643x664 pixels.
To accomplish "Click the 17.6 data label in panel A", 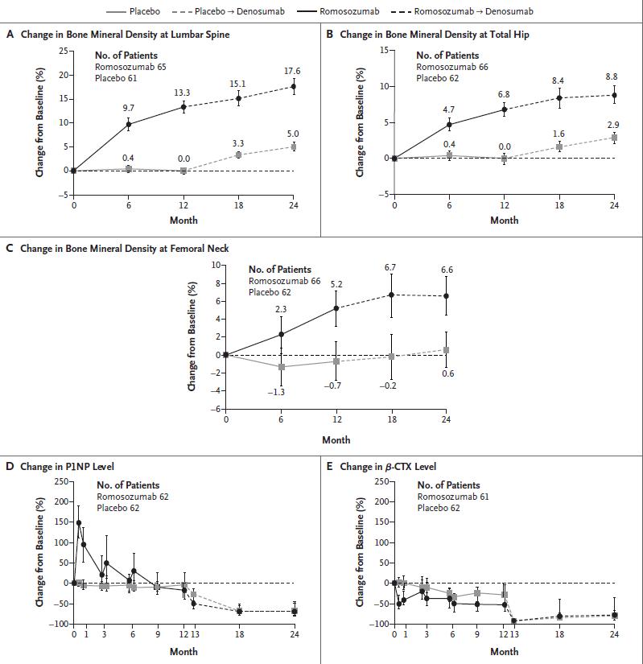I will (293, 71).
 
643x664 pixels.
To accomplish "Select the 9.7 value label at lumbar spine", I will (128, 107).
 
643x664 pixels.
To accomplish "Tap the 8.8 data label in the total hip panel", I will (612, 76).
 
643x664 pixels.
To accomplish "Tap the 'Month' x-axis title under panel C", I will (336, 440).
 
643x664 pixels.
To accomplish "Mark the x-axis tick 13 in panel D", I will (193, 635).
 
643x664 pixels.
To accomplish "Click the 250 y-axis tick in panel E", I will (381, 481).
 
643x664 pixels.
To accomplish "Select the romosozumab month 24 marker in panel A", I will (294, 87).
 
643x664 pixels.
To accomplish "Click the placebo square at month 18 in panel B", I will (559, 147).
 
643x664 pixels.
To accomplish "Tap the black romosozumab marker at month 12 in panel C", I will (336, 308).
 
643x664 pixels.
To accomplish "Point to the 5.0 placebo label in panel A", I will (293, 134).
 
